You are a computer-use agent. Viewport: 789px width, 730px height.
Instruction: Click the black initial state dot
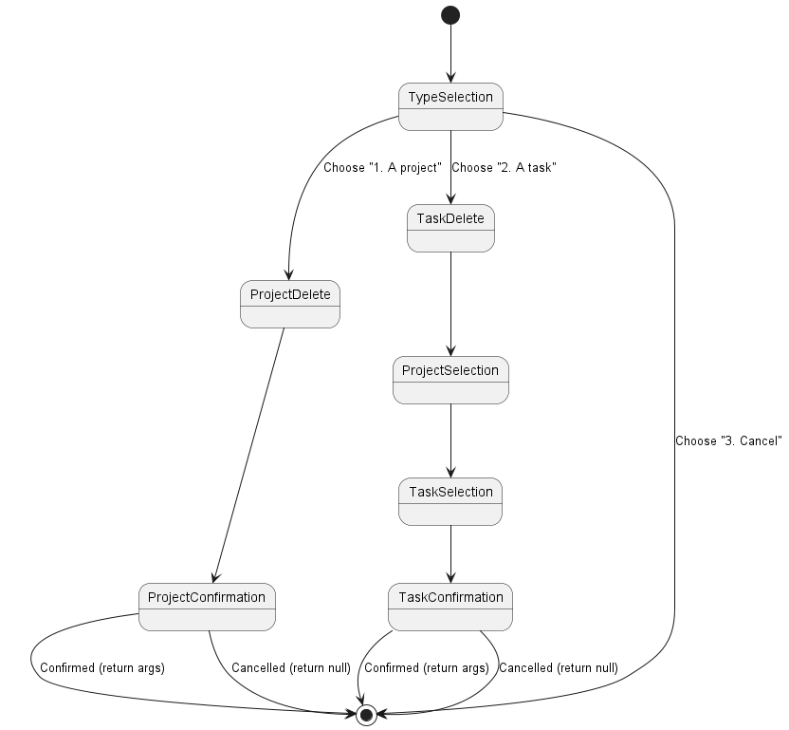[450, 14]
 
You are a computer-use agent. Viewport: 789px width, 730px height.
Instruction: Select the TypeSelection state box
[450, 106]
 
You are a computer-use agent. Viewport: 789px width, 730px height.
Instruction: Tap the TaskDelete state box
[450, 228]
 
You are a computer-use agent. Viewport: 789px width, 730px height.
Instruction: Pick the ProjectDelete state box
[290, 304]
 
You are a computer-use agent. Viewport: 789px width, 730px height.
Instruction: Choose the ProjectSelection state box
[450, 380]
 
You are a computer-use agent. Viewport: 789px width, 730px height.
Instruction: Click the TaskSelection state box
[450, 501]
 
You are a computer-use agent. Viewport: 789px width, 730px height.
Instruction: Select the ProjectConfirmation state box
[208, 606]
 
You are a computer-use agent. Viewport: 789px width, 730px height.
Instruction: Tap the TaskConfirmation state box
[450, 606]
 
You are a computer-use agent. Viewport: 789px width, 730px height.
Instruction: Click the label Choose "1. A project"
[383, 168]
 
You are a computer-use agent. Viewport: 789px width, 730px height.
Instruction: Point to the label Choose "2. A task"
[504, 168]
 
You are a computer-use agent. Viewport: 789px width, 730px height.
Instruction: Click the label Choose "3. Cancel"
[728, 441]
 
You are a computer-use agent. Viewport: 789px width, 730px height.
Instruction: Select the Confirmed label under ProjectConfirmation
[102, 668]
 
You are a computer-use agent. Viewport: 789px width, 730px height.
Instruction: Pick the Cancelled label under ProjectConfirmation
[291, 668]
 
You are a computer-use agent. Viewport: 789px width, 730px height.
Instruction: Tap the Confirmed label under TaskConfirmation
[427, 668]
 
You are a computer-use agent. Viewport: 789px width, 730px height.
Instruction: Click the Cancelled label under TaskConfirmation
[559, 668]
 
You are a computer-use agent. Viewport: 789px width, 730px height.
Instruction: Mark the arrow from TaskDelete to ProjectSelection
[450, 304]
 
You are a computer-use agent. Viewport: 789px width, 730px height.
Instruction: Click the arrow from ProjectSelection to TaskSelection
[450, 440]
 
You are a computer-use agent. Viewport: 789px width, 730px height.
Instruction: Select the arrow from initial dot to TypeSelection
[450, 53]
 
